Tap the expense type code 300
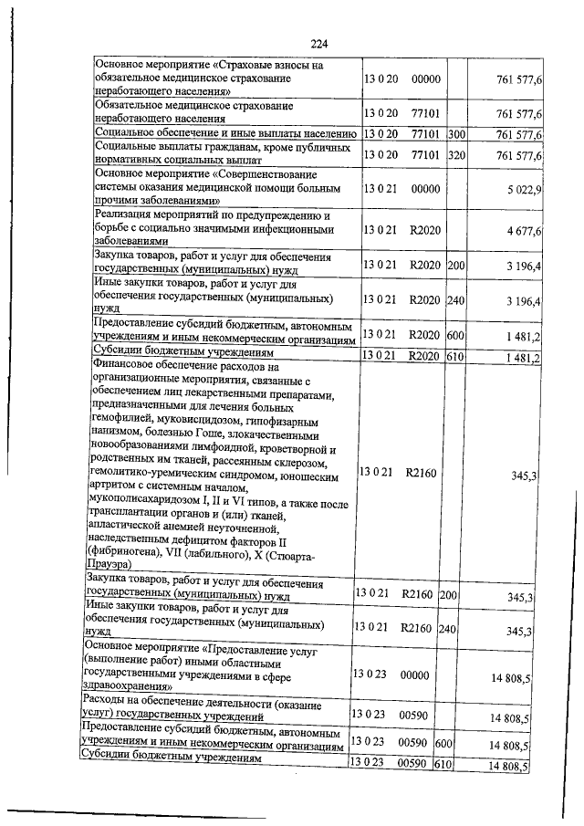click(457, 134)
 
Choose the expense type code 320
click(457, 155)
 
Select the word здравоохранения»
click(126, 685)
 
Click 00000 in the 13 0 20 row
click(426, 81)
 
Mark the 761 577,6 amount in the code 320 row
click(519, 155)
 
